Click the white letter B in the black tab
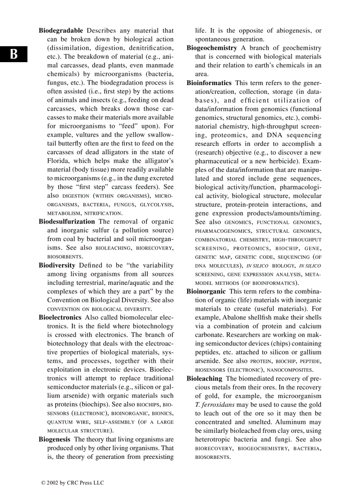(x=14, y=54)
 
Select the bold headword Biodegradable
(x=61, y=30)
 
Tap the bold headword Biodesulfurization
(x=67, y=222)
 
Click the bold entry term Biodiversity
(x=57, y=265)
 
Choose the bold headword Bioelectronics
(x=60, y=317)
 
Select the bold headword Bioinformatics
(x=209, y=83)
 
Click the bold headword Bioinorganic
(x=206, y=291)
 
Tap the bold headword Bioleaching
(x=204, y=379)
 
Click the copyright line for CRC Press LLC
(x=73, y=483)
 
